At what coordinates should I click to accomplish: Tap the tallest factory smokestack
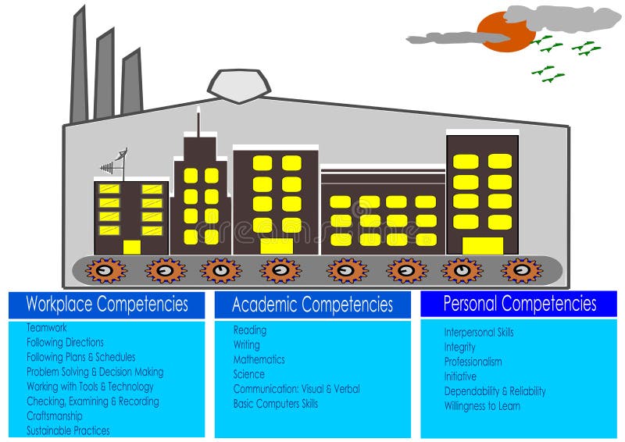point(79,66)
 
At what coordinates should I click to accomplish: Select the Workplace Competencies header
point(107,304)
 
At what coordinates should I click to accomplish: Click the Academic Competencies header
point(312,305)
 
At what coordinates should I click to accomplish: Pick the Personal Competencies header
point(520,303)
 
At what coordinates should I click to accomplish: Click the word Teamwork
point(47,328)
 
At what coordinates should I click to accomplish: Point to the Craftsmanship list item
point(55,416)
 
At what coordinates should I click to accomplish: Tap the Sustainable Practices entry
point(68,430)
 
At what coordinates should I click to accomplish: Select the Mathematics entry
point(259,360)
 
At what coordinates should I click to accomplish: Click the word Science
point(248,374)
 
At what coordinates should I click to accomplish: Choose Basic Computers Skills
point(275,404)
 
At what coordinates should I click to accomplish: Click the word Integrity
point(459,347)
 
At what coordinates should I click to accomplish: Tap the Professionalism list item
point(473,362)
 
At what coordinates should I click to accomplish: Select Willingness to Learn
point(482,406)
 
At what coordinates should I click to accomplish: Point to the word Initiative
point(460,376)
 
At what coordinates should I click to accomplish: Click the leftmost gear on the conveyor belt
point(105,270)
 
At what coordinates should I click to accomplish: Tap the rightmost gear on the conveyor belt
point(521,270)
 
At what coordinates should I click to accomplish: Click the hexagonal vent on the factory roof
point(238,84)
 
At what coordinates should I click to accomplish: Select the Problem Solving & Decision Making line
point(95,372)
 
